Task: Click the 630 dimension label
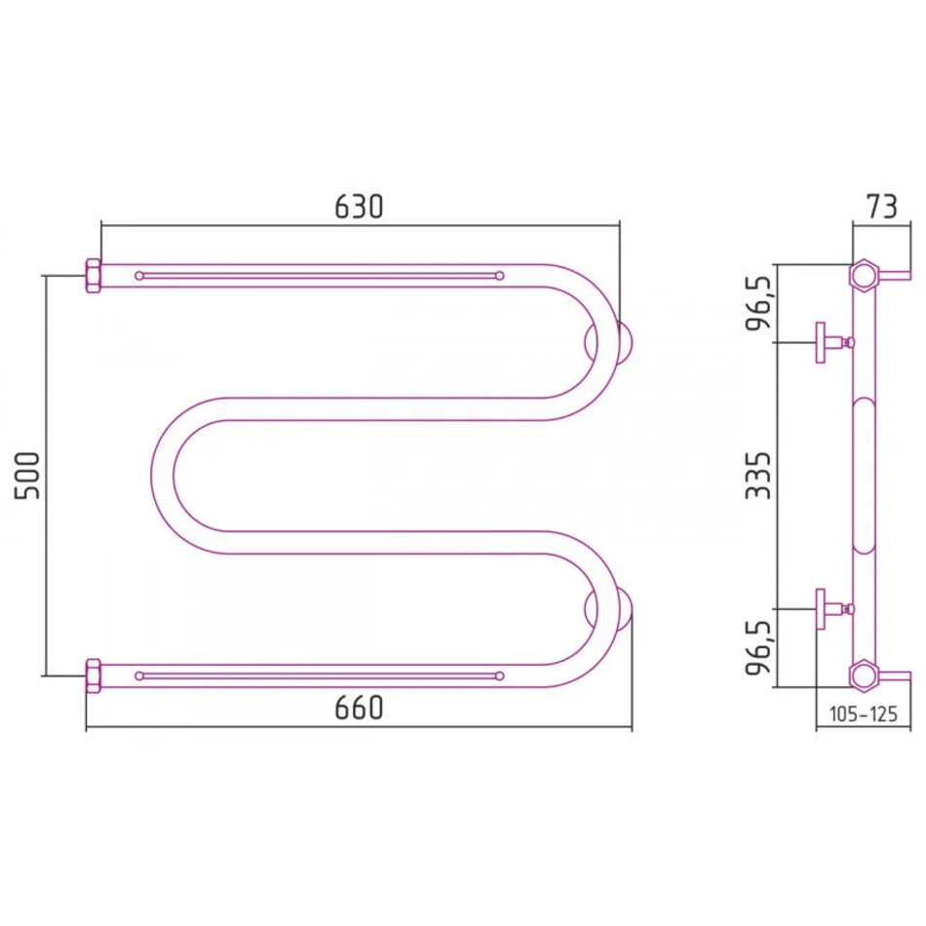(359, 207)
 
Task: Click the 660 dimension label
(359, 708)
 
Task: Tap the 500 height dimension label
(27, 476)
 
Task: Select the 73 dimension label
(882, 206)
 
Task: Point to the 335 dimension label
(758, 476)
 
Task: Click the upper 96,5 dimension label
(759, 303)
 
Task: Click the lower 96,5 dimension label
(759, 648)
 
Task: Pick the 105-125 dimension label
(864, 714)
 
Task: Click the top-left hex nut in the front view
(94, 276)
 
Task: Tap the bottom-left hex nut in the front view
(94, 675)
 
